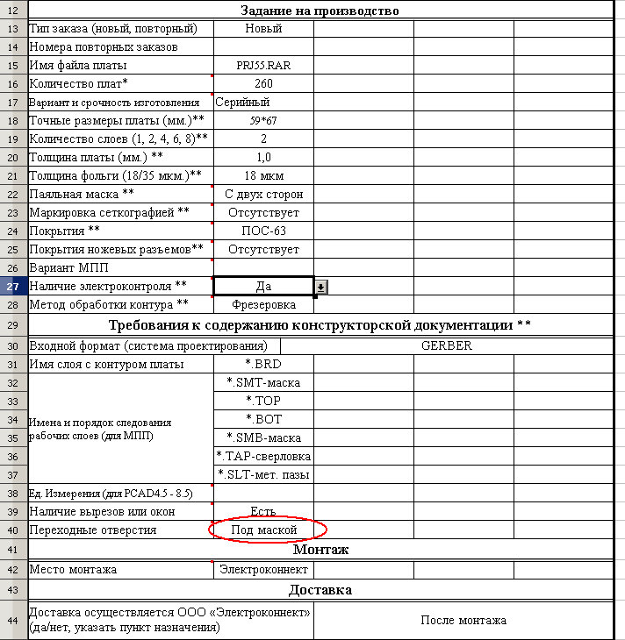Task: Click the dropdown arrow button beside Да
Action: tap(321, 287)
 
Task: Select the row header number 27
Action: tap(13, 286)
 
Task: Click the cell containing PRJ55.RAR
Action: tap(263, 66)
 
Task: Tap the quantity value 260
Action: tap(263, 84)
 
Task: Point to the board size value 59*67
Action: tap(263, 120)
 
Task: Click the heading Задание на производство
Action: tap(320, 11)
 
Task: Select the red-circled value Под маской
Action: tap(263, 530)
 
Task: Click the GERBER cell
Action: tap(446, 345)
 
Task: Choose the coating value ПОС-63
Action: tap(263, 231)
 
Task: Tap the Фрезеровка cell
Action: tap(263, 305)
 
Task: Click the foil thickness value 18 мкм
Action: tap(263, 176)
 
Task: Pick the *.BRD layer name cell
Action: tap(263, 364)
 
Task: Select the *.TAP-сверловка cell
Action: tap(263, 456)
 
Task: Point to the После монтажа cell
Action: tap(463, 621)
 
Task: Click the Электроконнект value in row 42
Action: tap(263, 570)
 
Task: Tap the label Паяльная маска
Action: tap(82, 194)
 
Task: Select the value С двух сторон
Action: tap(263, 195)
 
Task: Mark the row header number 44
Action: tap(13, 621)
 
